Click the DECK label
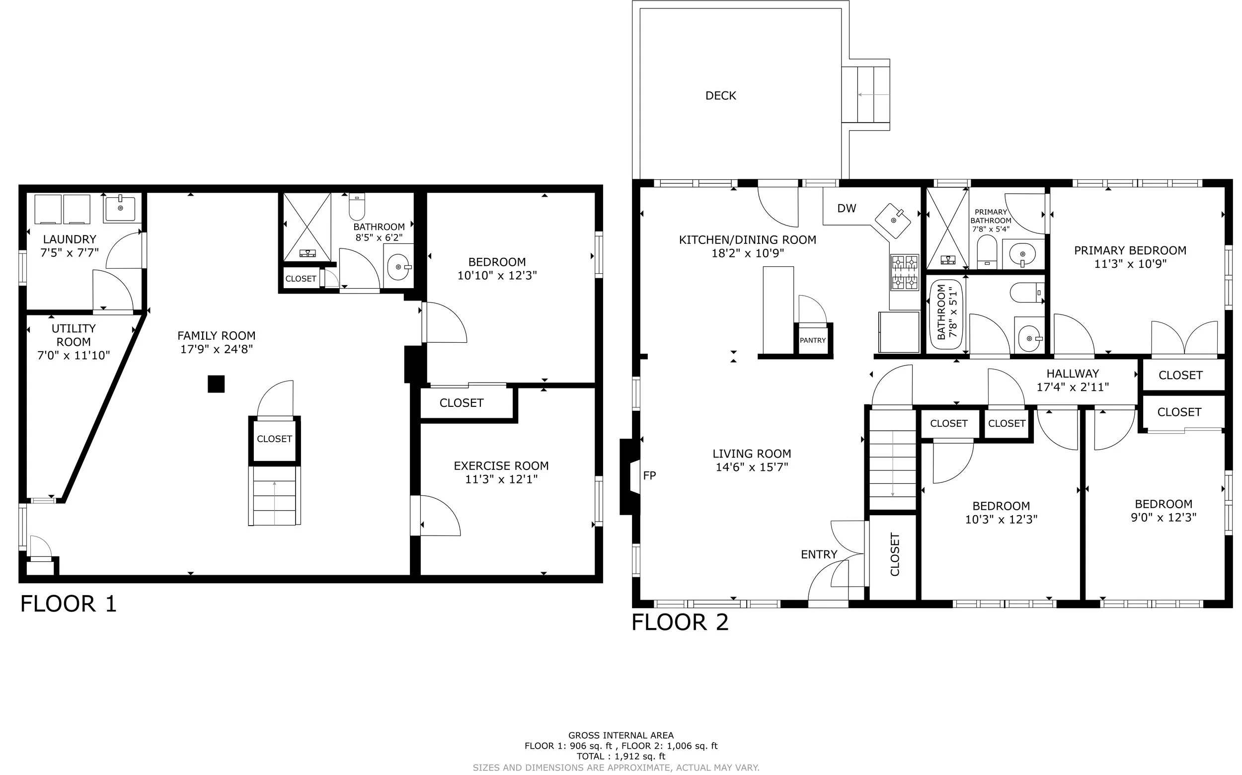click(x=720, y=96)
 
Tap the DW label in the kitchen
click(x=846, y=208)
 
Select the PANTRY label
click(x=812, y=340)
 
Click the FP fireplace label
click(x=649, y=475)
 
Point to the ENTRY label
click(x=819, y=554)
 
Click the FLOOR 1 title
click(x=68, y=604)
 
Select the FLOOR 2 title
click(x=680, y=622)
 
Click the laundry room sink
click(x=120, y=208)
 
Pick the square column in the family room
click(x=216, y=384)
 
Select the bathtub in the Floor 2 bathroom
click(x=947, y=314)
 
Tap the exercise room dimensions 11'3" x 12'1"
click(x=501, y=479)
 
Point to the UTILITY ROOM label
click(x=74, y=335)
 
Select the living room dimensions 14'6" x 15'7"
click(x=752, y=467)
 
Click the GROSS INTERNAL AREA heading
click(x=621, y=736)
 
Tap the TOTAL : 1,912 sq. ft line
click(x=621, y=756)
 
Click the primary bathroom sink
click(x=1022, y=254)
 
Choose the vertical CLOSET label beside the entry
click(x=894, y=554)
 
